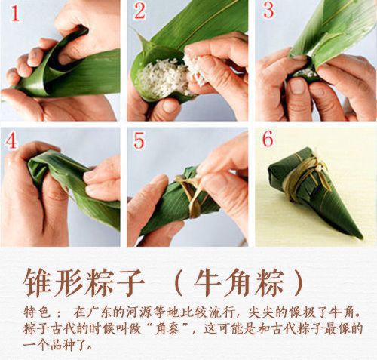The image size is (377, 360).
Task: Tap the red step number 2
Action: tap(139, 11)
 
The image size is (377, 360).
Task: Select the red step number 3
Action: tap(268, 11)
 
